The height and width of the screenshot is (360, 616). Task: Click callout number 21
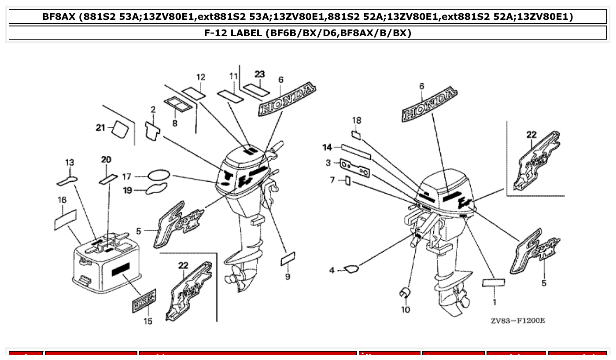(101, 128)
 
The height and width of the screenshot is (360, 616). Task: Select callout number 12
(201, 77)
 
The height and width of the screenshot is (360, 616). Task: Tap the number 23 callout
(260, 74)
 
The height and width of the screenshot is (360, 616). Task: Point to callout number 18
(357, 120)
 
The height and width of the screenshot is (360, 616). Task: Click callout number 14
(327, 147)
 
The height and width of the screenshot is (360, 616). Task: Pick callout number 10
(405, 309)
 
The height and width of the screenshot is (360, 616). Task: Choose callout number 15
(148, 321)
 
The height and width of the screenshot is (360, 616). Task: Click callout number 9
(288, 277)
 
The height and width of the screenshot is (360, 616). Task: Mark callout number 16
(62, 200)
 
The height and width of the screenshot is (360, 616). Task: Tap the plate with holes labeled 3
(355, 168)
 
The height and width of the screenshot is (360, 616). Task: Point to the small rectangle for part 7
(348, 180)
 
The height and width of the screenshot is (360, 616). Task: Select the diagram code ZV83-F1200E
(518, 320)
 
